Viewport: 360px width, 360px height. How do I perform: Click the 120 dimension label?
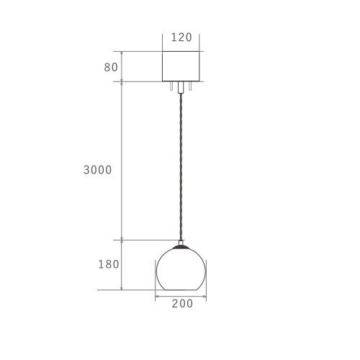click(x=181, y=37)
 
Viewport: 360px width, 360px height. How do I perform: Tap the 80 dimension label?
click(x=111, y=68)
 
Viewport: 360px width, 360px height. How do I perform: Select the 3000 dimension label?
click(x=98, y=170)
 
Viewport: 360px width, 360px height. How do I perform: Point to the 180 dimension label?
click(x=109, y=264)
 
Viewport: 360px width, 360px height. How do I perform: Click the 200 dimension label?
click(x=182, y=304)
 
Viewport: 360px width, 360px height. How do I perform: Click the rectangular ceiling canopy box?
click(x=181, y=66)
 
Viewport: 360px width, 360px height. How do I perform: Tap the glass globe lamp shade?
click(x=181, y=269)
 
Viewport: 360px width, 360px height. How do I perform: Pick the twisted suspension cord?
click(x=181, y=167)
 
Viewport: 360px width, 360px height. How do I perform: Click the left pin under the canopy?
click(x=171, y=86)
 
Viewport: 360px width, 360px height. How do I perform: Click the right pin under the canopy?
click(x=190, y=86)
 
